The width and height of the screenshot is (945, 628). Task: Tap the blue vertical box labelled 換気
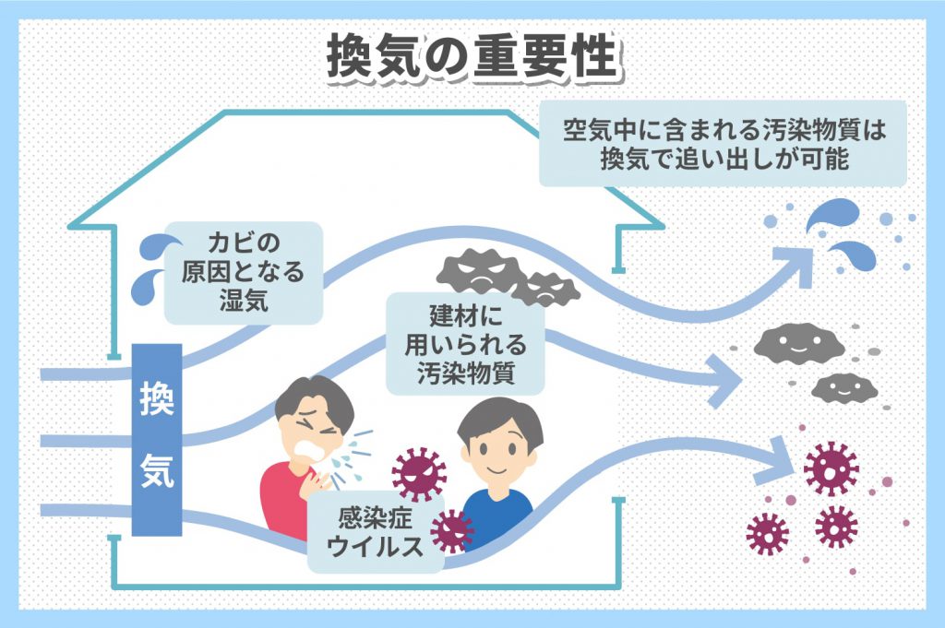[156, 439]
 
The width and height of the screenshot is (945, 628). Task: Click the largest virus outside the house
[831, 468]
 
